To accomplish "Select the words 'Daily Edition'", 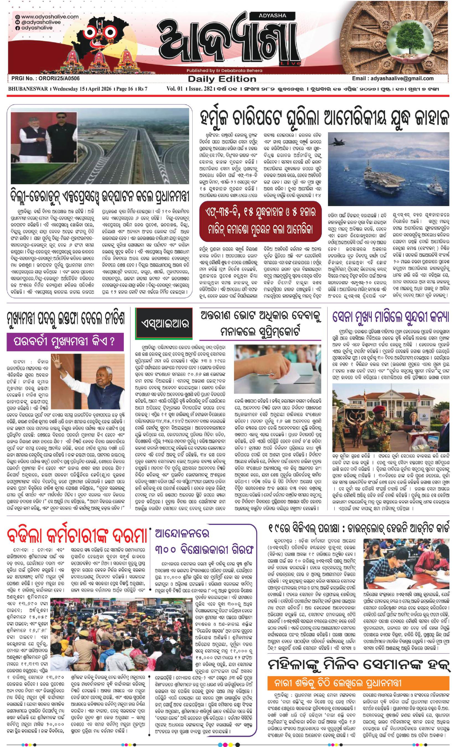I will tap(222, 79).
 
